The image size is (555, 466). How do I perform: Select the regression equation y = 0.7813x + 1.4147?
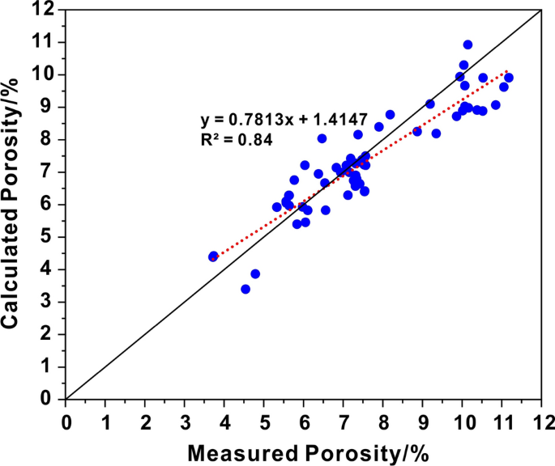(284, 121)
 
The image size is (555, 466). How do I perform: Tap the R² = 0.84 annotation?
(236, 139)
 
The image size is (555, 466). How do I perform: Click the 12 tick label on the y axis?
(44, 10)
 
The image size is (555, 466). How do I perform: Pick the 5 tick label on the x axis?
(264, 421)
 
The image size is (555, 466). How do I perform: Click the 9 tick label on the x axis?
(422, 421)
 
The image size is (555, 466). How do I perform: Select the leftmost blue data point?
(214, 256)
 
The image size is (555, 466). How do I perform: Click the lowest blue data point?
(245, 289)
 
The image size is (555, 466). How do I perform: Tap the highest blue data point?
(467, 44)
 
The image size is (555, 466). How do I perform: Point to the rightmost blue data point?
(509, 78)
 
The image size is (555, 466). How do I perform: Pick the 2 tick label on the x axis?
(145, 421)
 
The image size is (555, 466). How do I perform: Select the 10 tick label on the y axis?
(44, 74)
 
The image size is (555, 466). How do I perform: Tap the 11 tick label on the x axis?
(501, 421)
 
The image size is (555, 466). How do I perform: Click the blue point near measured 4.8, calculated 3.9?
(255, 273)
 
